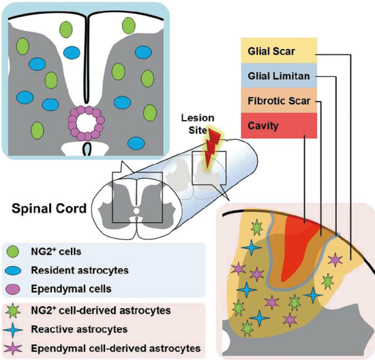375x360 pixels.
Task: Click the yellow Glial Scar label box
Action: click(x=279, y=51)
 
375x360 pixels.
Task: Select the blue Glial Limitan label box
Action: click(x=279, y=76)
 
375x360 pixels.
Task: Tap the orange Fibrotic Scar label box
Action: click(x=279, y=100)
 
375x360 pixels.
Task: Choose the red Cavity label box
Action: click(x=279, y=125)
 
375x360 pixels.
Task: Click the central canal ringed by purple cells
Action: click(x=87, y=124)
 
